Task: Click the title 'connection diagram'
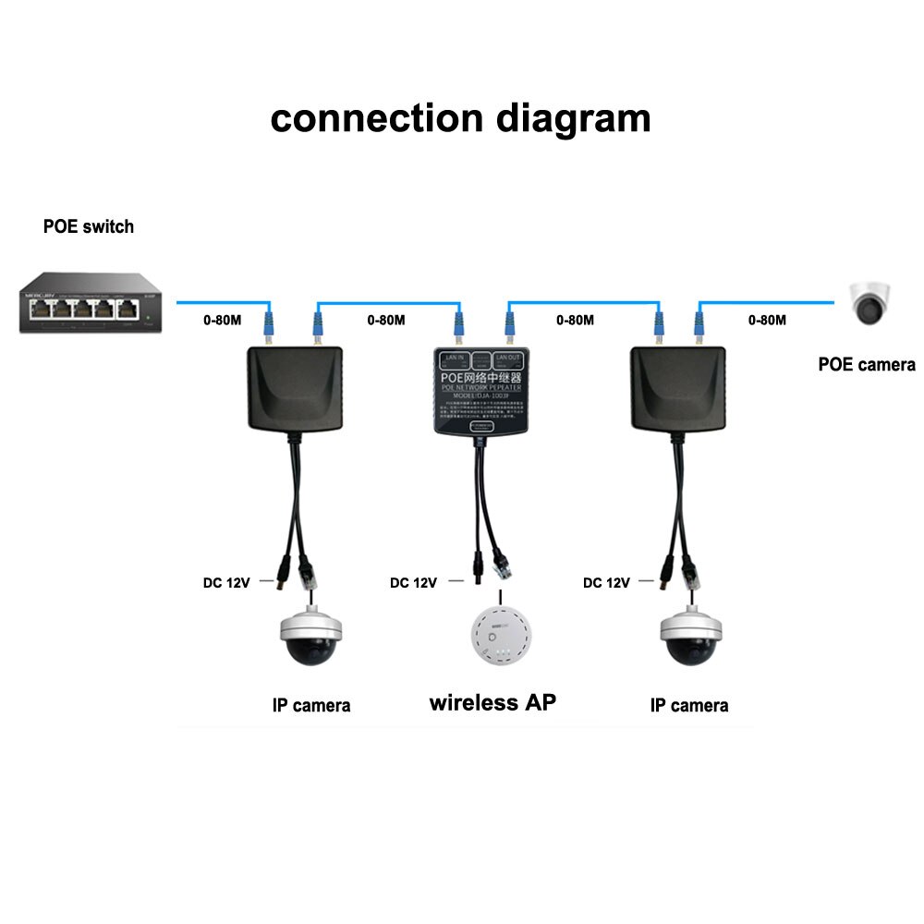tap(460, 119)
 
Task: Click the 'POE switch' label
tap(89, 226)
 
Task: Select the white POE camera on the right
tap(870, 303)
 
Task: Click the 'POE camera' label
tap(867, 365)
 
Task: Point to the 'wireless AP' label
tap(492, 703)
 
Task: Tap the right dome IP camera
tap(689, 638)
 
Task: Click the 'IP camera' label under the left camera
tap(311, 706)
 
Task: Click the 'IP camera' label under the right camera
tap(689, 706)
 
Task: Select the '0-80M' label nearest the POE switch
tap(222, 321)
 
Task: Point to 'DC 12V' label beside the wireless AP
tap(412, 583)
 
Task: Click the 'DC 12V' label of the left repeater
tap(226, 583)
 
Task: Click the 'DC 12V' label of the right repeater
tap(606, 583)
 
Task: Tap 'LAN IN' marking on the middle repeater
tap(454, 357)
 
